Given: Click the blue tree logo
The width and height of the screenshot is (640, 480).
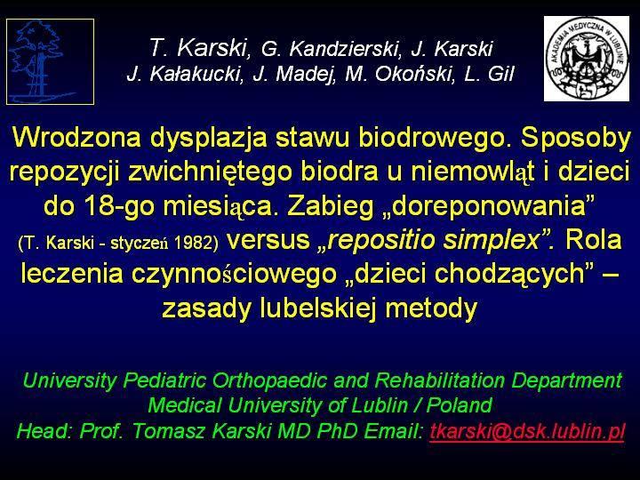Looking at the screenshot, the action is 50,61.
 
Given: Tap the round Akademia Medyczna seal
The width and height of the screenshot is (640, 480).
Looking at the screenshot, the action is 587,59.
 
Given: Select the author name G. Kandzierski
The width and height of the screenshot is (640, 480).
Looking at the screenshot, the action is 329,49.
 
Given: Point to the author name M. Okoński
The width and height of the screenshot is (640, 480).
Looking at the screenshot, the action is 399,74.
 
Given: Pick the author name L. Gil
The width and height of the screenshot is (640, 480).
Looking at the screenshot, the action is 489,74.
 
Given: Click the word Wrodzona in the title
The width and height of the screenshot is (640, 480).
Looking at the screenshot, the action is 76,137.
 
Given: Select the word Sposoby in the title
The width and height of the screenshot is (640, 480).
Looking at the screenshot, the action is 576,139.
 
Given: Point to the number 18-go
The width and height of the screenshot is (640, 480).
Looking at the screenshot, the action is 119,207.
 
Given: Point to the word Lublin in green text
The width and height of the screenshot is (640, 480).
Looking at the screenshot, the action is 380,405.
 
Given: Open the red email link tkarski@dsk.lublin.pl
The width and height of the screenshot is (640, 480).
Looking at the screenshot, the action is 527,431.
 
